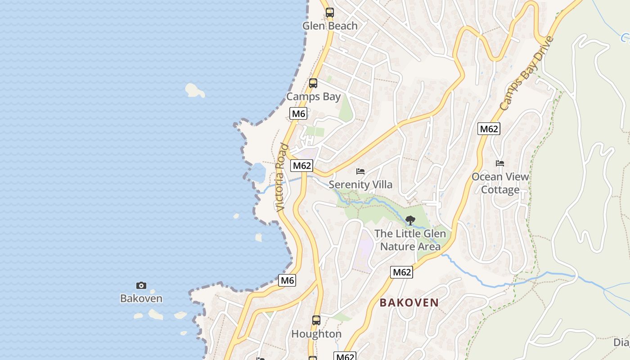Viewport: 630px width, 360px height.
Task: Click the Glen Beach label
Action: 330,26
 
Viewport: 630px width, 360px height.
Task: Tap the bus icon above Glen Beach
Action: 330,13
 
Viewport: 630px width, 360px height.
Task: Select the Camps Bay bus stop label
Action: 314,97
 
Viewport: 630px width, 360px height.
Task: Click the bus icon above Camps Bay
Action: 313,83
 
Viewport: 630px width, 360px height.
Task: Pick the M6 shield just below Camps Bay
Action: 298,113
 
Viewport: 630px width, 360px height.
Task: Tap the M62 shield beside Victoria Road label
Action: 301,166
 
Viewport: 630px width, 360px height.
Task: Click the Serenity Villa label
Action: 360,184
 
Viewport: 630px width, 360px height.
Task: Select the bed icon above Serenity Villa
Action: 360,171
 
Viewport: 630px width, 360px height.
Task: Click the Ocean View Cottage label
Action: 500,183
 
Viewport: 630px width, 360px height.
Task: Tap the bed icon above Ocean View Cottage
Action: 499,163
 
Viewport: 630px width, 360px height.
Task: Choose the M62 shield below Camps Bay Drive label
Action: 489,129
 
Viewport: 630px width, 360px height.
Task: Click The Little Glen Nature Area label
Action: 410,240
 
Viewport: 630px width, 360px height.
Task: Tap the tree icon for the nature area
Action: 410,220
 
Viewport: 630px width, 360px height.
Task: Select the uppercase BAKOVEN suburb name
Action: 409,302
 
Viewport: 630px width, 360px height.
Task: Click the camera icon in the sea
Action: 141,285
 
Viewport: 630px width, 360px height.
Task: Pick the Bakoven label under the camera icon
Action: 141,298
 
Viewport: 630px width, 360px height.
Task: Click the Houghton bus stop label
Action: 316,334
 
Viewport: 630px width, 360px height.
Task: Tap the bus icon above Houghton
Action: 316,320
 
